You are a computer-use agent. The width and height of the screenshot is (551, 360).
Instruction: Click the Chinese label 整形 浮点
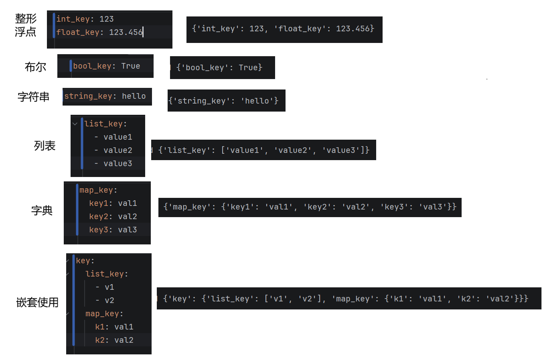pos(26,25)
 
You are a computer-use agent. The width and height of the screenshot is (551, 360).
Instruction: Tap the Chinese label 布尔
pos(35,67)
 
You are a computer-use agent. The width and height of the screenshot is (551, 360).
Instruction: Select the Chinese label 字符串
pos(33,97)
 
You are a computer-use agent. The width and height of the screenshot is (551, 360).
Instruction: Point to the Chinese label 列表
pos(45,146)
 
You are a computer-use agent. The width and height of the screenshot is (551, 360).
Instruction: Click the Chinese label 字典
pos(42,210)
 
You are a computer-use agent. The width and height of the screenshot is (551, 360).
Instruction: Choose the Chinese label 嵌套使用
pos(37,302)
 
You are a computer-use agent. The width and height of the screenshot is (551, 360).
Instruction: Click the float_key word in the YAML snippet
pos(77,32)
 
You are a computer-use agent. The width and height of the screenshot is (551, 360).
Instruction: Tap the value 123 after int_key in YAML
pos(107,19)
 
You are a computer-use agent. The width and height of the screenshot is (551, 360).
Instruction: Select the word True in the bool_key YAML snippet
pos(131,66)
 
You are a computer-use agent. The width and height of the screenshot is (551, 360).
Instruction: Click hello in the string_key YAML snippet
pos(134,96)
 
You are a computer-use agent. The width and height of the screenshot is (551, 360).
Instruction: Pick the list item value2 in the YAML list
pos(117,150)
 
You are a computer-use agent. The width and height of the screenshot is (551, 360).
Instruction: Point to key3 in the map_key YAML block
pos(99,230)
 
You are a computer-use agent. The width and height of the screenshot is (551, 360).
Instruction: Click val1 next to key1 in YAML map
pos(127,203)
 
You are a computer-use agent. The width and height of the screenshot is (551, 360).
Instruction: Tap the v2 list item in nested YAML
pos(109,300)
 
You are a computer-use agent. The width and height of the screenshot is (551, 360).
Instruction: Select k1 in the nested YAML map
pos(99,327)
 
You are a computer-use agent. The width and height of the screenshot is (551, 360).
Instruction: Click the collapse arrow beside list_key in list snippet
pos(75,124)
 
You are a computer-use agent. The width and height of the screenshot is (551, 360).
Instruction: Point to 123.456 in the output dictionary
pos(352,28)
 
